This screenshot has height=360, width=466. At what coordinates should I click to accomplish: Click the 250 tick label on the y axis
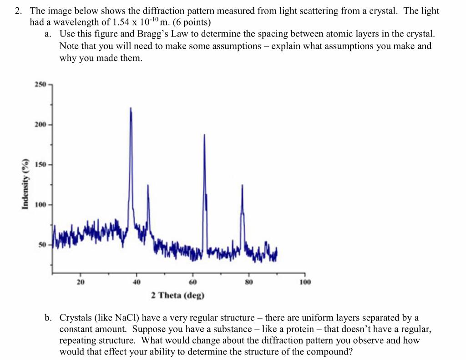40,85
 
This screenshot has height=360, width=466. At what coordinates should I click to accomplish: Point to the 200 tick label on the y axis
40,124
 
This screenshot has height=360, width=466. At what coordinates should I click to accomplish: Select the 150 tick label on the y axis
40,164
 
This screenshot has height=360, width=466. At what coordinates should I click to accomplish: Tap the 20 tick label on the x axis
81,281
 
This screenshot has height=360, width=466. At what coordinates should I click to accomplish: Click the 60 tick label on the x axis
192,281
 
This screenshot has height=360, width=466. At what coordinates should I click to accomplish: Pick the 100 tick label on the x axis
305,281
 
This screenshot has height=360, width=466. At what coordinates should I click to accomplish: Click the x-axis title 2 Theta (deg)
178,295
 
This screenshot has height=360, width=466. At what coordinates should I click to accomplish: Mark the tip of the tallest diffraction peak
131,108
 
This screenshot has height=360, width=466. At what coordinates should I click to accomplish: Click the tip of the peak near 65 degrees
204,135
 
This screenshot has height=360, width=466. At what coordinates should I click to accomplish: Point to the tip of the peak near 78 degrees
242,185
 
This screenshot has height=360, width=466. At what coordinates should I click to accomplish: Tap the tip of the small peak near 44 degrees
148,185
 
